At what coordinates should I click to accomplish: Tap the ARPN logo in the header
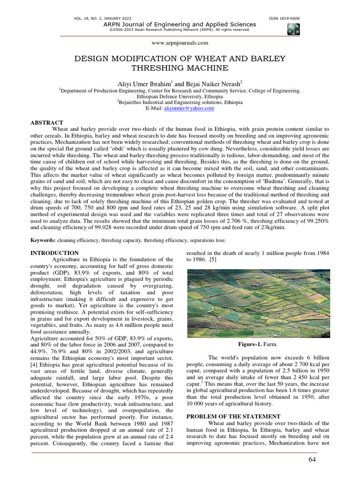coord(293,29)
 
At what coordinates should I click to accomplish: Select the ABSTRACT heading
coord(46,122)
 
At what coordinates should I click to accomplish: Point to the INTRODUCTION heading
coord(52,253)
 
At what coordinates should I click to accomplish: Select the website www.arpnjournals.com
coord(180,43)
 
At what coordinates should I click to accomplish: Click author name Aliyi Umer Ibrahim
coord(141,82)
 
